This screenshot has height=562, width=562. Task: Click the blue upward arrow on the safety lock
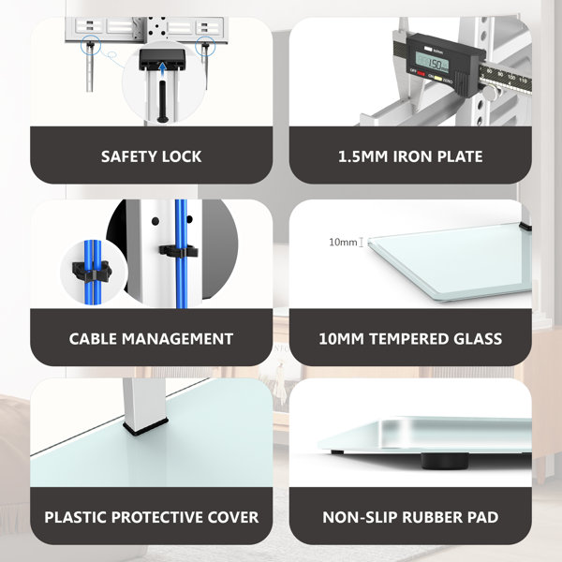[162, 68]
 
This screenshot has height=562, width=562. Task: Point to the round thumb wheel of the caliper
[487, 91]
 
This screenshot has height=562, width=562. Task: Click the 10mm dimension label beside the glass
[344, 244]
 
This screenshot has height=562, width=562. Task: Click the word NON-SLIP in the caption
[356, 517]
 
